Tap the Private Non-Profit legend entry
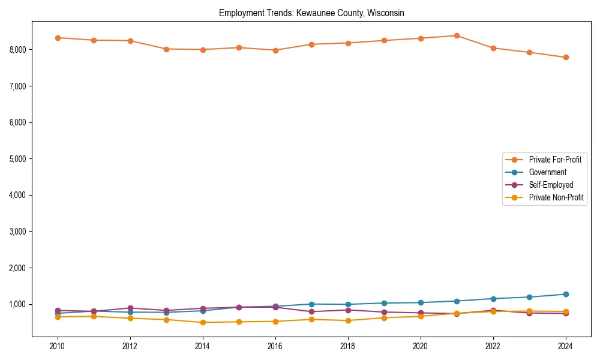(x=556, y=197)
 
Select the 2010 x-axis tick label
(x=58, y=346)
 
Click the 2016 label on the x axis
(x=275, y=346)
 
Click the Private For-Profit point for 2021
(x=457, y=35)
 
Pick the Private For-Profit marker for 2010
(x=58, y=38)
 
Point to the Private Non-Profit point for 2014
(x=203, y=322)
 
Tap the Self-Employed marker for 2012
(x=130, y=308)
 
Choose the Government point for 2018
(x=348, y=304)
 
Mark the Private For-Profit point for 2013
(x=166, y=49)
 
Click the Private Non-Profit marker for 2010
(x=58, y=317)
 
